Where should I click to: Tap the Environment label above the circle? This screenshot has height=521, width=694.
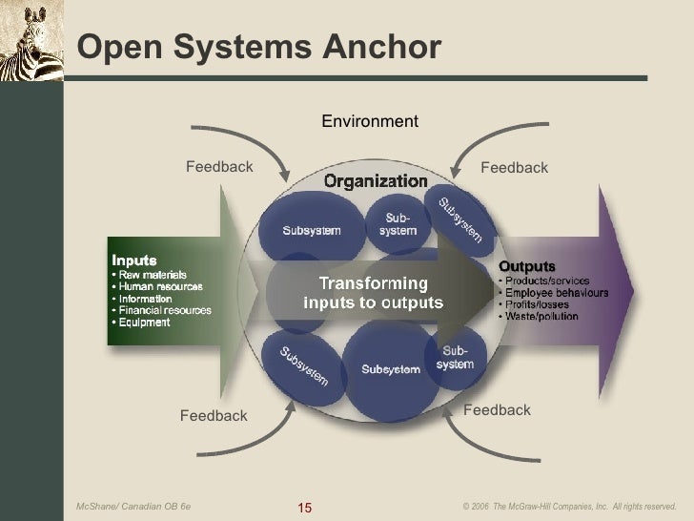point(370,121)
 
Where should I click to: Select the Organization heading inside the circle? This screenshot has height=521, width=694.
point(376,180)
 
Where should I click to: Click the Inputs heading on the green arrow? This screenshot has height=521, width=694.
point(134,260)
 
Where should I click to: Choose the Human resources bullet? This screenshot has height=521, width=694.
point(156,285)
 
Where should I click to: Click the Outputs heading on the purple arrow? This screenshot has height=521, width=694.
point(527,265)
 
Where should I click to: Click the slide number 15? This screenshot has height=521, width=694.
point(305,506)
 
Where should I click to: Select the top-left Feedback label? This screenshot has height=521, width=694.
point(219,167)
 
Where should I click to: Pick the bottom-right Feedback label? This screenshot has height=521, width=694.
point(497,409)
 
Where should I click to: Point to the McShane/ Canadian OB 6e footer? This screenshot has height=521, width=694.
point(133,506)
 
